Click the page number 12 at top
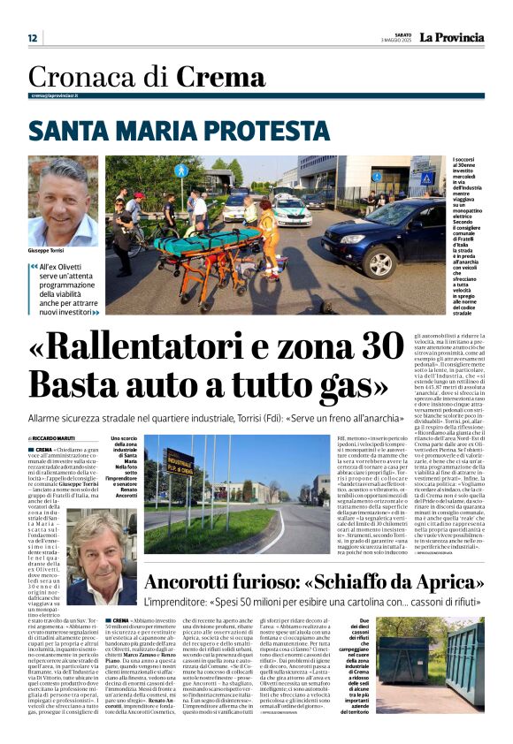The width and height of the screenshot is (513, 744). (33, 38)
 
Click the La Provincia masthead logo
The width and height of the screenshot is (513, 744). (451, 38)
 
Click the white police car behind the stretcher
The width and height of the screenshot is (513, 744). (289, 210)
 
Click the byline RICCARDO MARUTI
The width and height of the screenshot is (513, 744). (55, 438)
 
